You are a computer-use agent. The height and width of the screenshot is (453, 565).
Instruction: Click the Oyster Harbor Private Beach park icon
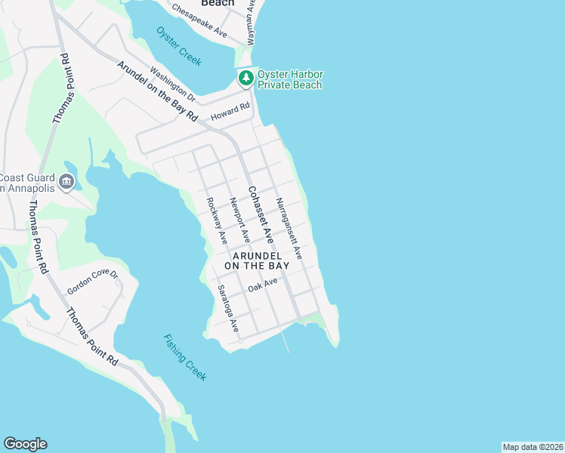click(x=245, y=78)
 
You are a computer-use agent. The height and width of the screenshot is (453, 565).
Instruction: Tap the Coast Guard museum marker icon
click(x=66, y=181)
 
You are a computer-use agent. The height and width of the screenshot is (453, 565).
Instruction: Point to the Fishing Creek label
click(x=184, y=357)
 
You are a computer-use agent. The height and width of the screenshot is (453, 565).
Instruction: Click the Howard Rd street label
click(x=230, y=113)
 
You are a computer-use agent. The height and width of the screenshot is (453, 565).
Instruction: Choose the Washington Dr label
click(x=172, y=85)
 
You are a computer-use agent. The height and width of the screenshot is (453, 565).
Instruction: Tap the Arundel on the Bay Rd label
click(x=157, y=91)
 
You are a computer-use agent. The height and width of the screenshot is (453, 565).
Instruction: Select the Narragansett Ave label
click(x=289, y=229)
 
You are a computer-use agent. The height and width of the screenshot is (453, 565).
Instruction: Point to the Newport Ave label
click(x=239, y=220)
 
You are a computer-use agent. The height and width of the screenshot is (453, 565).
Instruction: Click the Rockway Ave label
click(x=217, y=220)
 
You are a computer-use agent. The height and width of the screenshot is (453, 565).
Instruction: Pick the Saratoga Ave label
click(x=228, y=309)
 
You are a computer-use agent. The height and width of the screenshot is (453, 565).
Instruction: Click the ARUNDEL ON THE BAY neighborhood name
click(x=257, y=260)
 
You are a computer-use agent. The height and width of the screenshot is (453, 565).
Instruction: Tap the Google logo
click(x=25, y=444)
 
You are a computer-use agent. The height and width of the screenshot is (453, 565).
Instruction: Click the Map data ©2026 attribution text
click(x=533, y=447)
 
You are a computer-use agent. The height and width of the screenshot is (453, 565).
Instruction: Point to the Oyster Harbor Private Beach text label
click(x=290, y=79)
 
